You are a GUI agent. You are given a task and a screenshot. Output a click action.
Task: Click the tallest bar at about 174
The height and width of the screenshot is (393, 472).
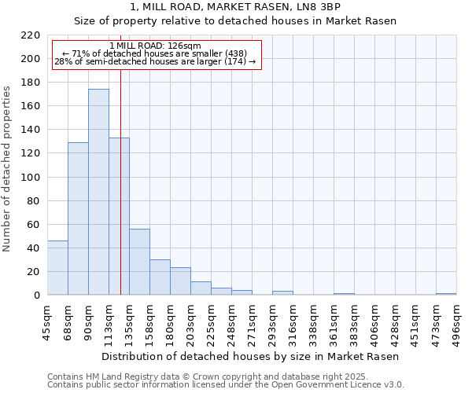98,193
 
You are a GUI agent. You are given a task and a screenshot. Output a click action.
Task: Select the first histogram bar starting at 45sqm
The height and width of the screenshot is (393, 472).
57,268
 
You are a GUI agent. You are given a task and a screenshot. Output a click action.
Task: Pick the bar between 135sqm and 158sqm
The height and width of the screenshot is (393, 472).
139,262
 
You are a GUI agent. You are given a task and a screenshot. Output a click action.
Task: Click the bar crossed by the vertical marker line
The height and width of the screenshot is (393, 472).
119,216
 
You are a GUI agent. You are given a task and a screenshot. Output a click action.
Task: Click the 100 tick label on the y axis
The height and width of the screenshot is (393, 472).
31,178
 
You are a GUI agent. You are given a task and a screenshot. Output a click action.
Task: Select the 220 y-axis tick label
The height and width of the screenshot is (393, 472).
31,35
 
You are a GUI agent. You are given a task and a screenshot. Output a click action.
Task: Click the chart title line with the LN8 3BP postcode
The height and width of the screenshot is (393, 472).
235,7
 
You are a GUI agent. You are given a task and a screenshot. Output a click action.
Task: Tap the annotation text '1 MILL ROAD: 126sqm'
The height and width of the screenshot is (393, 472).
155,46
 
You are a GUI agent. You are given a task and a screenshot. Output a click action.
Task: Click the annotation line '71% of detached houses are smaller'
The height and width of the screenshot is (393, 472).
155,53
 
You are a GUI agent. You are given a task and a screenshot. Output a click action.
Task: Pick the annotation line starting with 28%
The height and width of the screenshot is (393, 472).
155,61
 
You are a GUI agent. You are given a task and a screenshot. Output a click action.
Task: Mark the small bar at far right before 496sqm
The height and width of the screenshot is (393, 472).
446,294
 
